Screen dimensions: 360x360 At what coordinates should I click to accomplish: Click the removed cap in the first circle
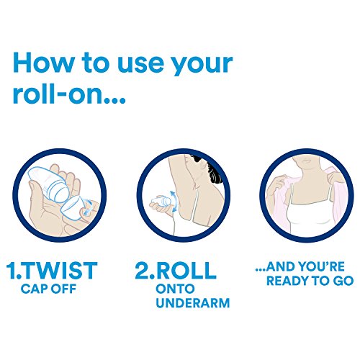(x=81, y=208)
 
